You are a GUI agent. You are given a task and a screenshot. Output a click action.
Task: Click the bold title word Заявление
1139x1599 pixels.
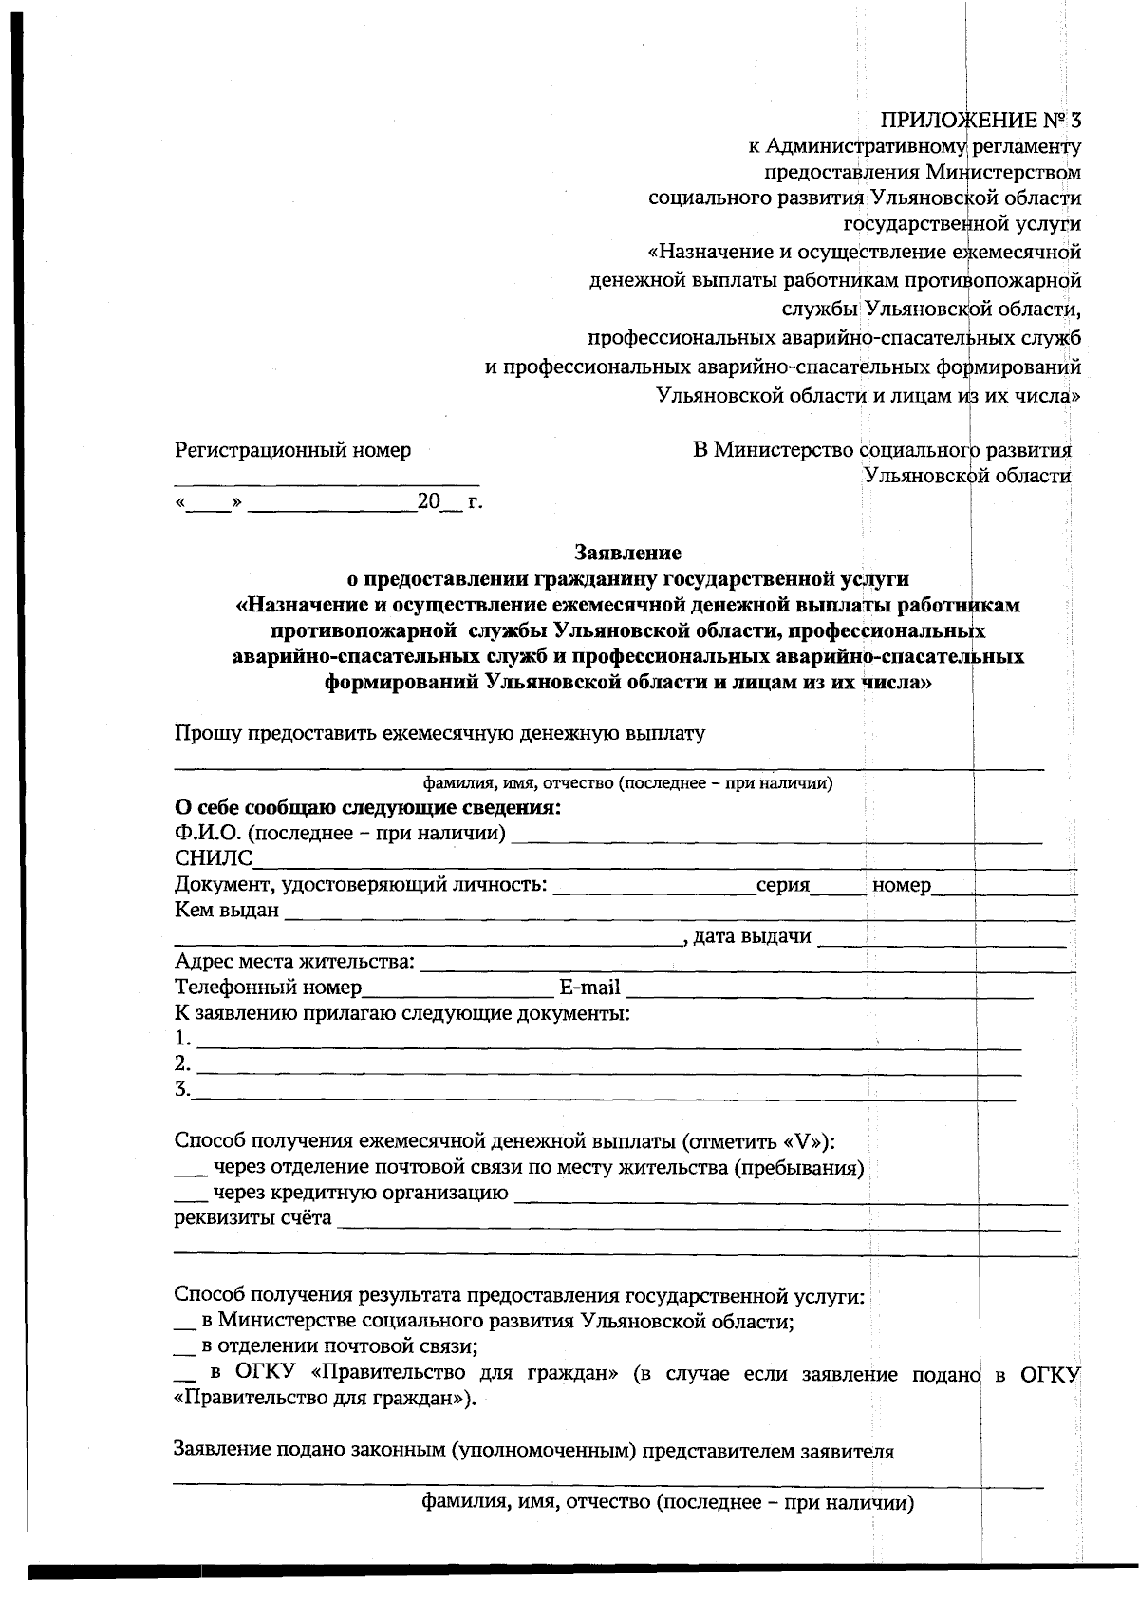(x=627, y=552)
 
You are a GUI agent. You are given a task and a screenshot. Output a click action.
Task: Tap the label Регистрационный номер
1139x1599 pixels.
(x=292, y=450)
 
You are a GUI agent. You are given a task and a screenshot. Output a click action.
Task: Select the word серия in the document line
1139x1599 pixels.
(x=782, y=886)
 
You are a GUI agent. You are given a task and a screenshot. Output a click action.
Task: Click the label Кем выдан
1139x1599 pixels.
(x=227, y=911)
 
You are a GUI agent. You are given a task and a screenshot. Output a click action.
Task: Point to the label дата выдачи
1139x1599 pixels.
(x=752, y=937)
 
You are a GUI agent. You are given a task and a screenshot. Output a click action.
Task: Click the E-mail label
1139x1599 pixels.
(x=589, y=988)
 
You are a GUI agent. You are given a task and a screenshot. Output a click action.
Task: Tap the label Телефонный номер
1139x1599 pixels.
(x=269, y=988)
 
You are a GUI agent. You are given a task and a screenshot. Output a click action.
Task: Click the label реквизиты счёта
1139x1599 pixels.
(x=252, y=1218)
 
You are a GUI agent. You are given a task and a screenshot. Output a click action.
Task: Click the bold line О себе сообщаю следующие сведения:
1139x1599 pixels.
(x=368, y=808)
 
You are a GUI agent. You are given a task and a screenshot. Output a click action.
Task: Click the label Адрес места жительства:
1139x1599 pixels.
(x=295, y=962)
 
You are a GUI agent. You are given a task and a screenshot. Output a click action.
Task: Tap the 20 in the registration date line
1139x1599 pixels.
(x=429, y=501)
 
